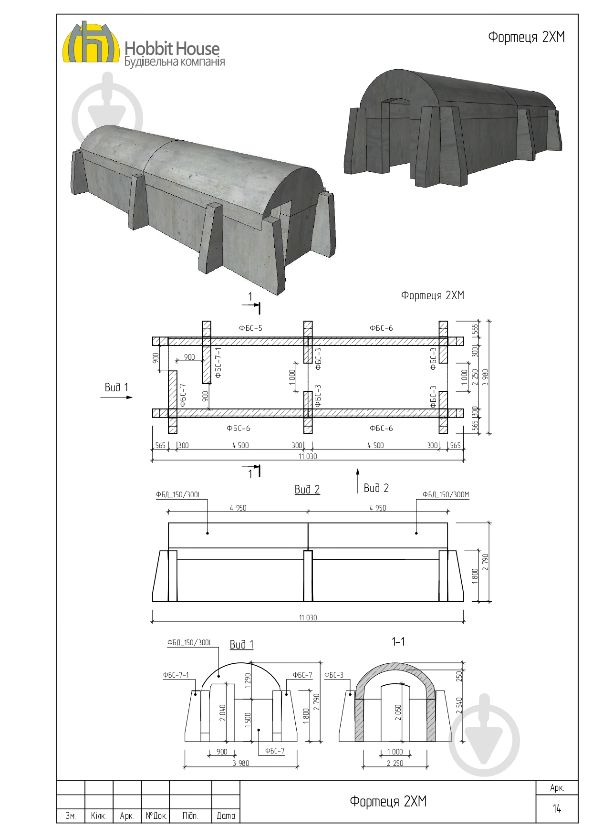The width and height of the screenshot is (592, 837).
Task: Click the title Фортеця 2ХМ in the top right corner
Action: pos(526,37)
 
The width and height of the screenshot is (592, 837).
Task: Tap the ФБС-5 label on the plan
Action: pos(250,328)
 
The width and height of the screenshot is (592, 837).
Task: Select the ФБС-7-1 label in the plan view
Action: pos(218,363)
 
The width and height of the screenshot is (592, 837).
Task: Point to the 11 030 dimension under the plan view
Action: pos(308,456)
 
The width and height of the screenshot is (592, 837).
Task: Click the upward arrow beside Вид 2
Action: pos(358,481)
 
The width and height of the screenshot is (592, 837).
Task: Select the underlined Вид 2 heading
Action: pos(307,490)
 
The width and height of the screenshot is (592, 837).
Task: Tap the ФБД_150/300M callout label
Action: pos(446,495)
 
